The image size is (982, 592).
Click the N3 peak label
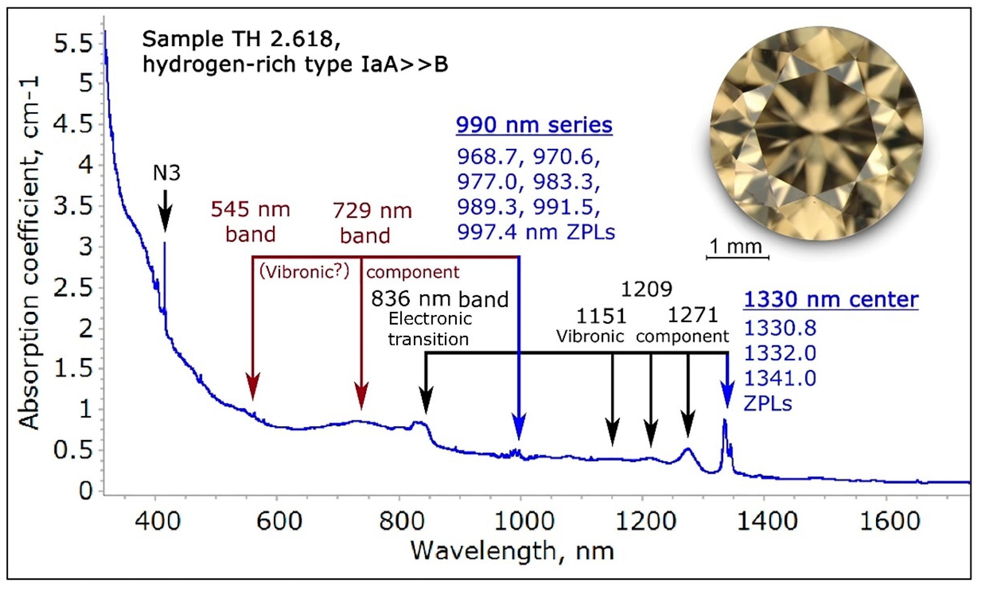[167, 173]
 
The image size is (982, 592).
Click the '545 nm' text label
[250, 210]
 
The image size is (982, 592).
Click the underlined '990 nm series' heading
[534, 125]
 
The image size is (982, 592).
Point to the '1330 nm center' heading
[831, 300]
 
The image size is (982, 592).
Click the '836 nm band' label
[439, 299]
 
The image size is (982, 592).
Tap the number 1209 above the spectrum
[647, 289]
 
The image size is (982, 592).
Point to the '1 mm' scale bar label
[736, 247]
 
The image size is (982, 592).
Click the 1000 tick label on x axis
[524, 521]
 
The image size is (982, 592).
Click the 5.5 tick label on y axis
[73, 43]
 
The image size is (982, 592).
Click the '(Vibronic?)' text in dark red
[304, 272]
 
